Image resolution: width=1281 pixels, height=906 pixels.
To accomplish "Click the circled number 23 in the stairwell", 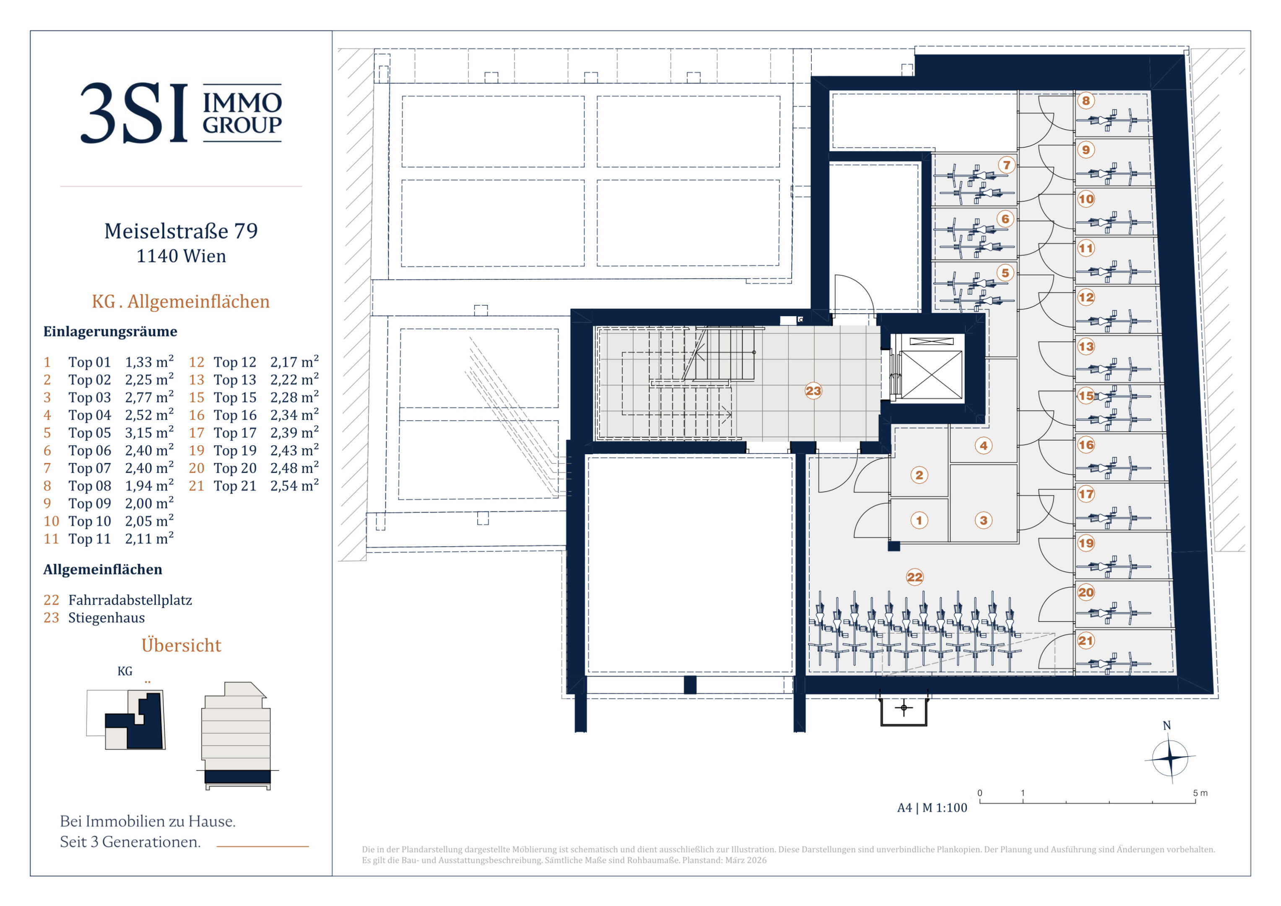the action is (813, 391).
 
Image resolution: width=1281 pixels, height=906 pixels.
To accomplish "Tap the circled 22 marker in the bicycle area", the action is (915, 577).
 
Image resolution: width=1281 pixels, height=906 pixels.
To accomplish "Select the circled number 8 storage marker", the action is (1086, 101).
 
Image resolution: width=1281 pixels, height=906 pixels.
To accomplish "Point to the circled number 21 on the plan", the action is (1086, 641).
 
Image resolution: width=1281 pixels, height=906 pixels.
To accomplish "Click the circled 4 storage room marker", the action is (984, 445).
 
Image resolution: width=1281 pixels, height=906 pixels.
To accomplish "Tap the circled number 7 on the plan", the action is (1006, 165).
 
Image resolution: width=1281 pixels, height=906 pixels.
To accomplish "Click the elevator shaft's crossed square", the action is (932, 375).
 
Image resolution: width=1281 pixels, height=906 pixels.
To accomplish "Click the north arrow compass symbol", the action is (1169, 758).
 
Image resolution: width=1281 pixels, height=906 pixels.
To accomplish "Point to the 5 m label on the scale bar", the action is (1200, 793).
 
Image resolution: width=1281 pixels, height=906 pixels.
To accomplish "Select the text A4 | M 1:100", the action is (932, 808).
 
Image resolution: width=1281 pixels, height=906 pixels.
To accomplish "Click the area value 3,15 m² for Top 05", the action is (149, 432).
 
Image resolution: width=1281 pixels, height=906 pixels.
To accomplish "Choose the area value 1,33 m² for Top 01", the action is (149, 362).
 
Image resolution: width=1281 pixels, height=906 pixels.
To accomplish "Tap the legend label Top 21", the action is (235, 486).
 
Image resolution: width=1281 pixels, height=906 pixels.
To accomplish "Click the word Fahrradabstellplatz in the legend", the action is (130, 600).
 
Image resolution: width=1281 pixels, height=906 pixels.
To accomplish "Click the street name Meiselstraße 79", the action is (181, 231).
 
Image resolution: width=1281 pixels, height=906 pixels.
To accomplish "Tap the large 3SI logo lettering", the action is (134, 113).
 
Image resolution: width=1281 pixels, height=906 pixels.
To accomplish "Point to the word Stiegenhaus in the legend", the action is (107, 618).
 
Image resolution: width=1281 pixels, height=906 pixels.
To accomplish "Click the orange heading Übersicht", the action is (181, 645).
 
